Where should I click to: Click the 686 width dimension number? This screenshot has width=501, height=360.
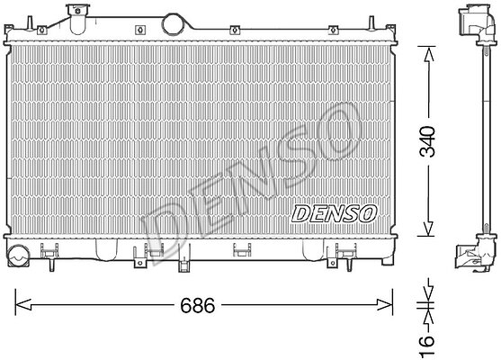click(198, 305)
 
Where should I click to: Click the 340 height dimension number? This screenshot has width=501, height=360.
click(427, 141)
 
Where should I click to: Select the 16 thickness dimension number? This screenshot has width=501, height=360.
click(427, 345)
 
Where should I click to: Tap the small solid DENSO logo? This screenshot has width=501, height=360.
click(334, 213)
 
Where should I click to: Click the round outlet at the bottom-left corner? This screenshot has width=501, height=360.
click(18, 255)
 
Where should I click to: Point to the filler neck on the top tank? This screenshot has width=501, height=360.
click(77, 19)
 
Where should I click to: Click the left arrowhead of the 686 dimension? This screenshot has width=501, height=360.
click(23, 305)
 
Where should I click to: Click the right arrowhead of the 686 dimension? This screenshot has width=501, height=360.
click(384, 305)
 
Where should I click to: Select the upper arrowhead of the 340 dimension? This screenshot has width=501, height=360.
click(427, 54)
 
